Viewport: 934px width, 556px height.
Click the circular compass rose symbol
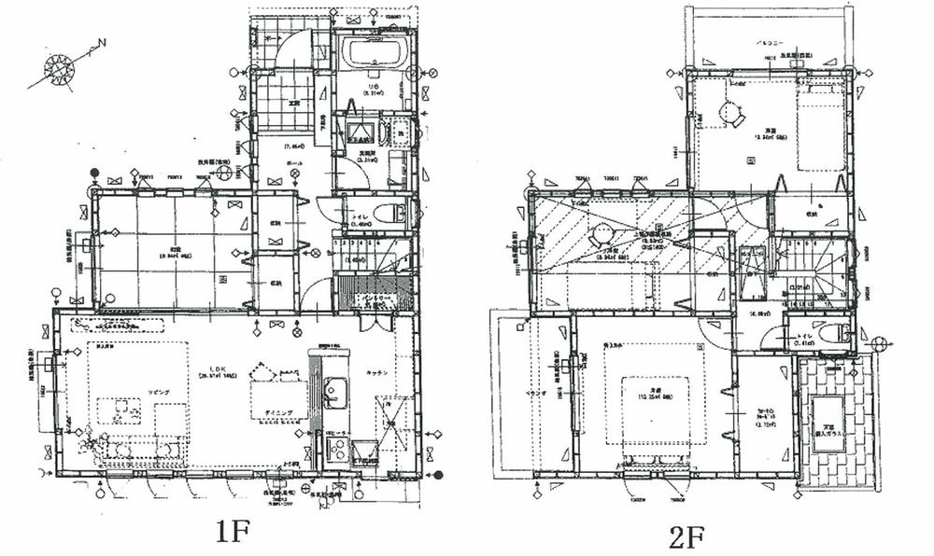coord(60,70)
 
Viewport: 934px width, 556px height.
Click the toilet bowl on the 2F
coord(834,333)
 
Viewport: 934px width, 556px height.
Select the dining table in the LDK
coord(276,400)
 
